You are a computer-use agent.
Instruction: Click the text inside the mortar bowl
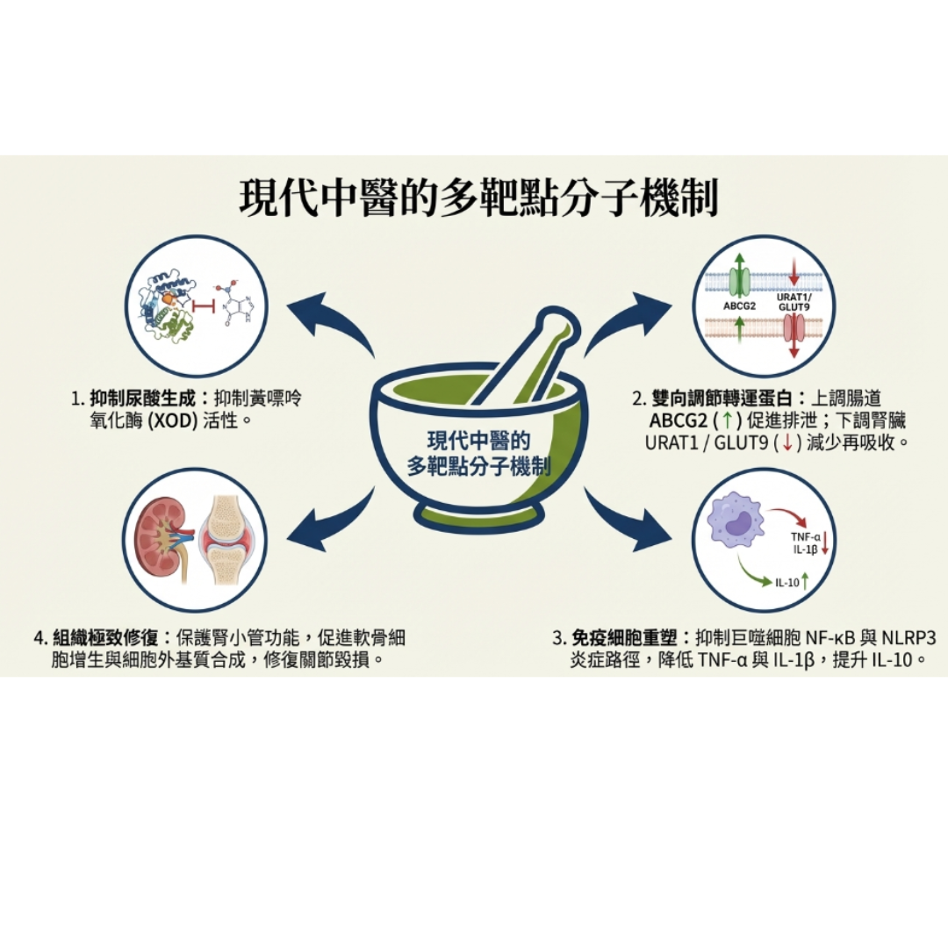[x=479, y=453]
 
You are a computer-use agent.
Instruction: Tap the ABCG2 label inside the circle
[x=739, y=306]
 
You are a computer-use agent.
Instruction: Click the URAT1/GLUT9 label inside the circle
[x=794, y=302]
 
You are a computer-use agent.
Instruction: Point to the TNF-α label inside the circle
[x=803, y=537]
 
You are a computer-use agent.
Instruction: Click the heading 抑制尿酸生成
[x=146, y=399]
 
